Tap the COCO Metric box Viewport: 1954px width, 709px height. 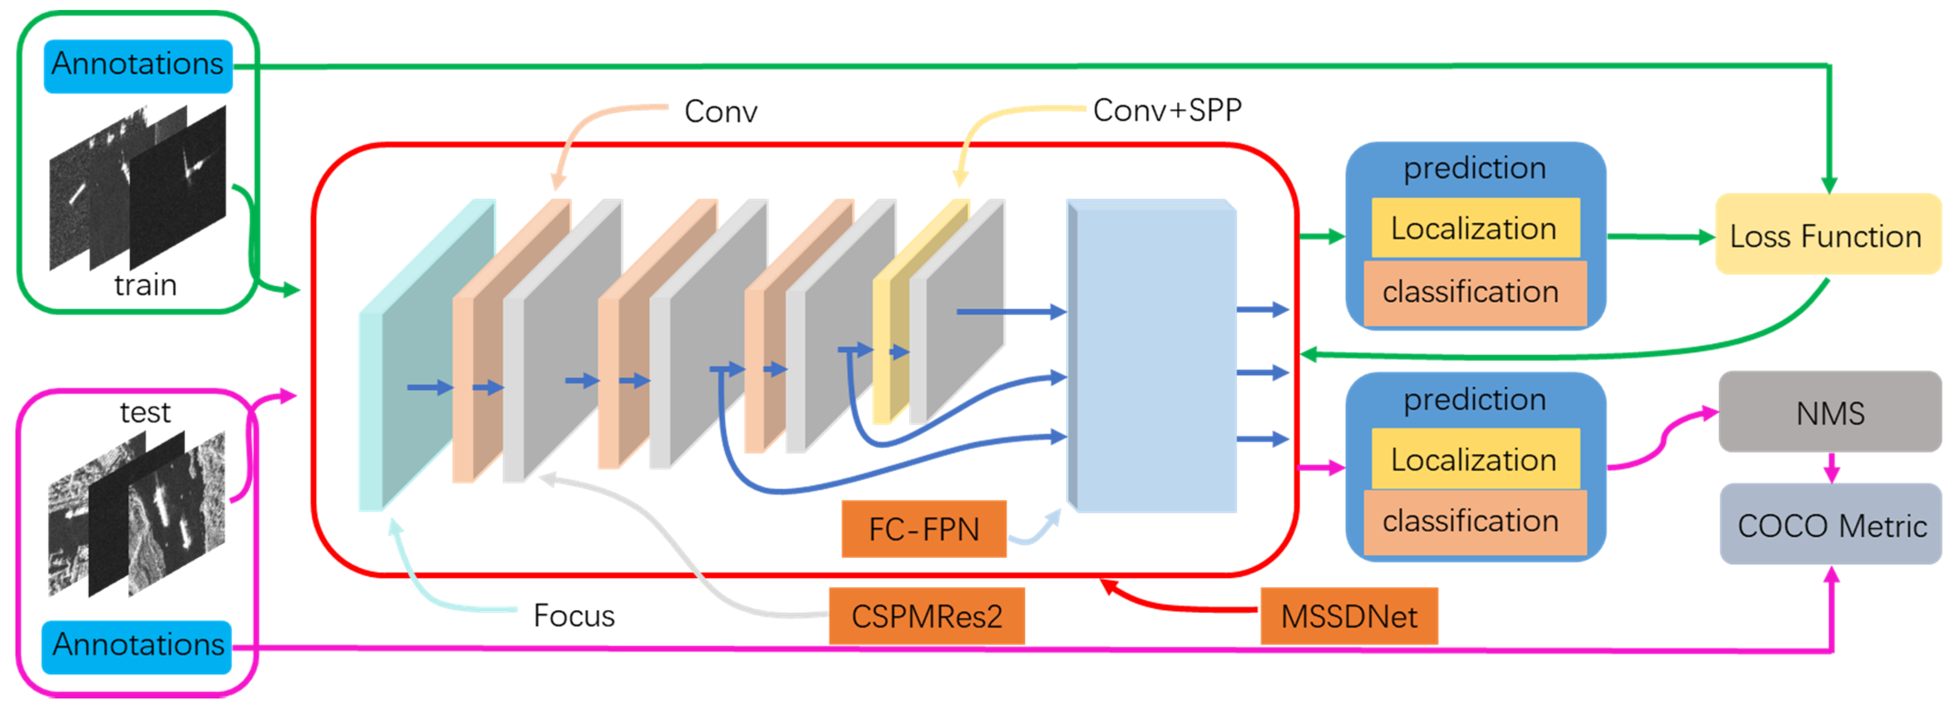[x=1830, y=525]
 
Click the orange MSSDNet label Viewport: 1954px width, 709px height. [x=1348, y=616]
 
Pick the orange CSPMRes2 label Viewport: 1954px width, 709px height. [x=926, y=616]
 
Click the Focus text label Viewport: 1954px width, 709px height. [x=573, y=615]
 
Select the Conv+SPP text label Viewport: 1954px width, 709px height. [x=1167, y=111]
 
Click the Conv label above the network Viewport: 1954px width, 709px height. [x=720, y=111]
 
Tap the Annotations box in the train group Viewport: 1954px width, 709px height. [x=138, y=65]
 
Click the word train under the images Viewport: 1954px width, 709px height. [x=145, y=286]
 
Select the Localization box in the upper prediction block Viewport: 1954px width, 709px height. [x=1474, y=228]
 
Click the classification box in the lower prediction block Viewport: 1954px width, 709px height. [x=1474, y=522]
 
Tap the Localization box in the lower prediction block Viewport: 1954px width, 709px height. [x=1474, y=459]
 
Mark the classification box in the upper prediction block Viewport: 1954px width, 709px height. [x=1474, y=292]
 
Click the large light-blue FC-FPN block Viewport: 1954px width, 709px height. [x=1153, y=356]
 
